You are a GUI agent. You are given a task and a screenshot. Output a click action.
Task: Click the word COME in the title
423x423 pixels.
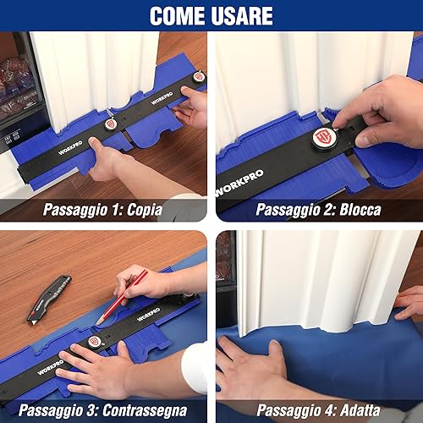pyautogui.click(x=178, y=16)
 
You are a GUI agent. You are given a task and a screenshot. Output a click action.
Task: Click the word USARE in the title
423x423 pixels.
pyautogui.click(x=242, y=16)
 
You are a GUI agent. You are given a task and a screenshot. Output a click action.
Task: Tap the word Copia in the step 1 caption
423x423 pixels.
pyautogui.click(x=145, y=210)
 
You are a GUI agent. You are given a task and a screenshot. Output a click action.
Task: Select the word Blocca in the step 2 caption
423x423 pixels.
pyautogui.click(x=360, y=210)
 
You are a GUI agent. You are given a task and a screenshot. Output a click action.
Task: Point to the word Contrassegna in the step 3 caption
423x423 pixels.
pyautogui.click(x=145, y=410)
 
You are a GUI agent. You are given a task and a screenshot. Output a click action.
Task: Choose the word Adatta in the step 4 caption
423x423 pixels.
pyautogui.click(x=360, y=410)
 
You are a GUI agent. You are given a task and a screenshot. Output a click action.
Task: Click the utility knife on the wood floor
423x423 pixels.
pyautogui.click(x=49, y=299)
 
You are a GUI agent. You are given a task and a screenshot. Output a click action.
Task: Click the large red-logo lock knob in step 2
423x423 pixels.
pyautogui.click(x=322, y=138)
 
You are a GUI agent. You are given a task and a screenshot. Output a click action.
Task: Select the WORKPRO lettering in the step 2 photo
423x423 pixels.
pyautogui.click(x=239, y=184)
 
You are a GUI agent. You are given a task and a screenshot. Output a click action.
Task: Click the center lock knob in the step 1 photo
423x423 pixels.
pyautogui.click(x=109, y=124)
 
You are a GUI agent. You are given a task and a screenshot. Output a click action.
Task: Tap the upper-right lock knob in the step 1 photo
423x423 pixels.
pyautogui.click(x=197, y=77)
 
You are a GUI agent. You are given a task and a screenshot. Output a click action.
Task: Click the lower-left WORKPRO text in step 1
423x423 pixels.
pyautogui.click(x=70, y=148)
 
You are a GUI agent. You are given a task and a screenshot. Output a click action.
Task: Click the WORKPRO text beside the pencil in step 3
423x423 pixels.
pyautogui.click(x=148, y=315)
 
